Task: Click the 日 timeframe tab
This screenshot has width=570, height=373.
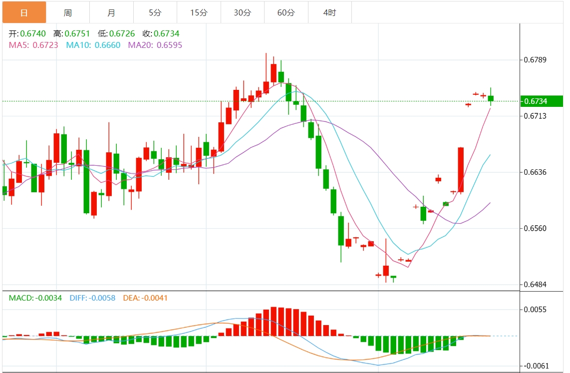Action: click(x=24, y=12)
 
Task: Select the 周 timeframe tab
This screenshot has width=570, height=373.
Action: click(x=68, y=12)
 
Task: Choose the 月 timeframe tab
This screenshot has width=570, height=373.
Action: click(x=111, y=12)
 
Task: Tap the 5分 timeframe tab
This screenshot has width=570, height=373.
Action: click(x=155, y=12)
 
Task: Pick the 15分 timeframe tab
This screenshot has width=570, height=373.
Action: click(x=199, y=12)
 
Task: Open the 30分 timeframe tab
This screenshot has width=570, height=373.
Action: click(x=242, y=12)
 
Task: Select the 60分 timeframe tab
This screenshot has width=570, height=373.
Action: click(x=286, y=12)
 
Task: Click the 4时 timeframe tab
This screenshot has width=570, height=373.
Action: click(x=329, y=12)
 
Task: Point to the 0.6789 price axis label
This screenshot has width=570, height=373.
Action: click(x=535, y=60)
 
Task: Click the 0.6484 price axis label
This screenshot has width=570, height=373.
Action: click(x=535, y=285)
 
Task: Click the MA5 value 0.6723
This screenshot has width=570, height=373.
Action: click(x=45, y=45)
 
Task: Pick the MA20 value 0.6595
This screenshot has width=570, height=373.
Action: click(x=169, y=45)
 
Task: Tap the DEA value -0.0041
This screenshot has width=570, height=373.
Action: click(x=155, y=298)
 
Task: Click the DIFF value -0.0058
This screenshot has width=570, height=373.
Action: click(x=102, y=298)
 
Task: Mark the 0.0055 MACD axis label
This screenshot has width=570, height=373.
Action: click(x=535, y=310)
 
